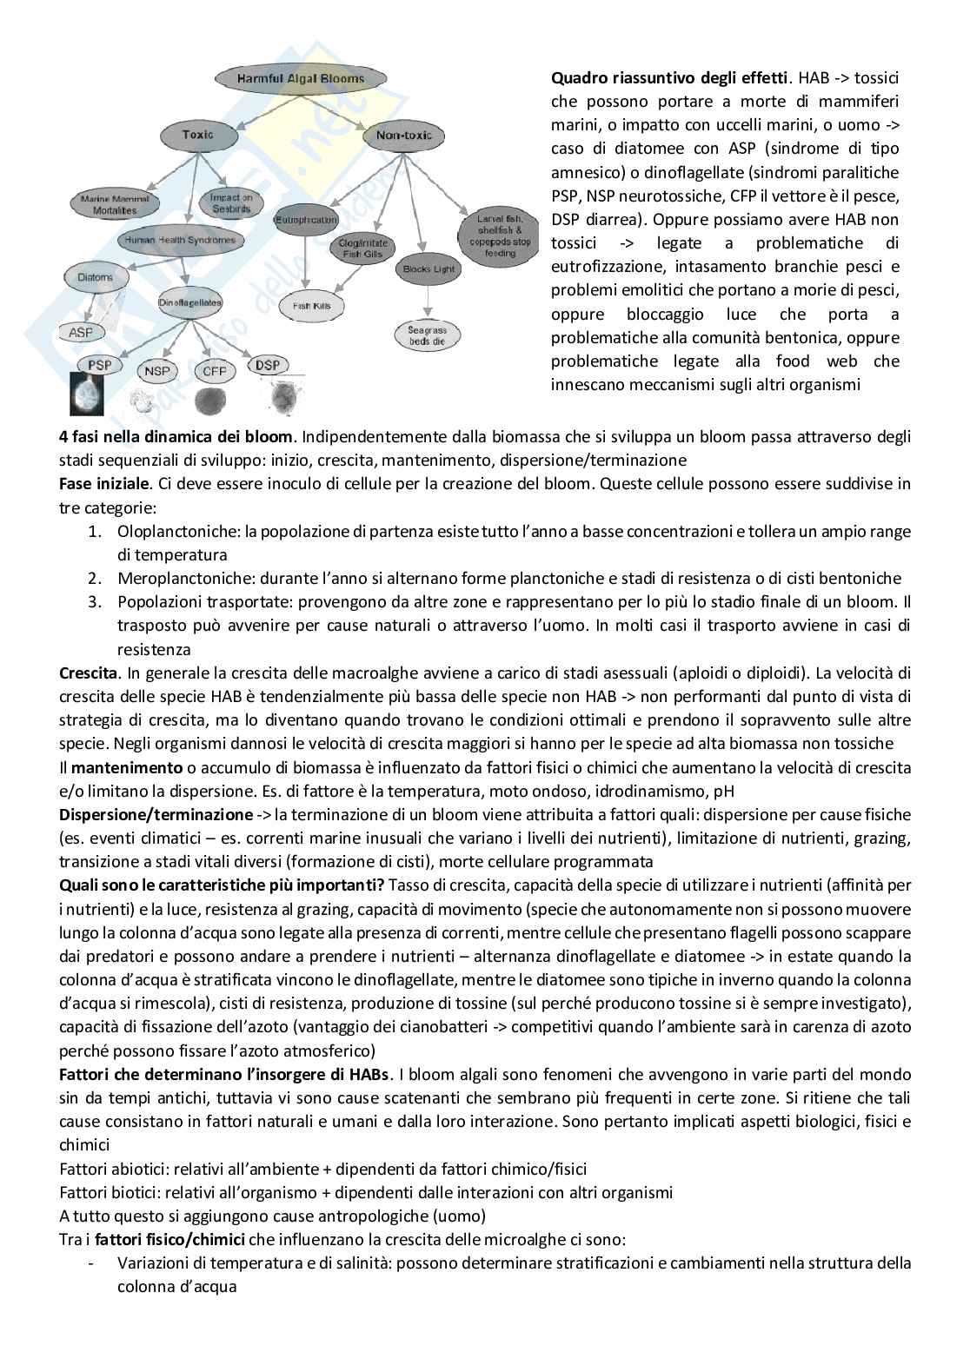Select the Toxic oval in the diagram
(x=198, y=135)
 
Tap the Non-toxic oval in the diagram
(x=403, y=136)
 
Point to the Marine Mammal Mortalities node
(x=115, y=204)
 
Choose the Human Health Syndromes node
(x=180, y=240)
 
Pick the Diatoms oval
(x=96, y=277)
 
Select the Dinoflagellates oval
(x=190, y=302)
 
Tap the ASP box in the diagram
(x=81, y=332)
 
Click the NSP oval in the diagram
(x=157, y=371)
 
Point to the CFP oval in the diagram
(x=214, y=371)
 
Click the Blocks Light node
(x=429, y=268)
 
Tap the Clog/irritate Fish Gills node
(x=363, y=249)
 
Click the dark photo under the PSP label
(x=93, y=394)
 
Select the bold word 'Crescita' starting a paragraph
(x=90, y=673)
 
